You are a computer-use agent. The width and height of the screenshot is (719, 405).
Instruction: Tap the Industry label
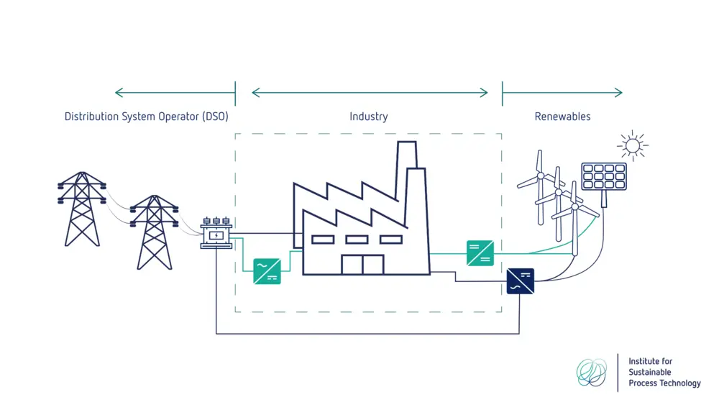pos(368,117)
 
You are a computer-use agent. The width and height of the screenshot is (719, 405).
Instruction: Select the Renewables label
pos(562,117)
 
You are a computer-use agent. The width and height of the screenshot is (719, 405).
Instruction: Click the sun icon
pos(632,146)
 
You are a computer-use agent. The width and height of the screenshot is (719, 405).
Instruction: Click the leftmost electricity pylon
pos(81,208)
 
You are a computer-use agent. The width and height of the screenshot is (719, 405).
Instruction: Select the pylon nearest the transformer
pos(154,231)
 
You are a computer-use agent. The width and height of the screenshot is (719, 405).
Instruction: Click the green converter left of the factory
pos(267,271)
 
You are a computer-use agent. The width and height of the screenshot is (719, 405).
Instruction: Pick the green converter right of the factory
pos(480,253)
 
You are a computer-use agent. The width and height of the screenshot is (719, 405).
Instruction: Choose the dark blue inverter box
pos(520,280)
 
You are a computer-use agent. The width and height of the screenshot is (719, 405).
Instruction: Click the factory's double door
pos(362,264)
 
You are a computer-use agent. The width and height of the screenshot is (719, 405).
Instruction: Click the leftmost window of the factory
pos(322,240)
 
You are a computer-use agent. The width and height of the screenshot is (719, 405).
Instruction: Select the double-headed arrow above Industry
pos(370,93)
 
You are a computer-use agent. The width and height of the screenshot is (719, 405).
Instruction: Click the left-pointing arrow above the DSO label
pos(174,93)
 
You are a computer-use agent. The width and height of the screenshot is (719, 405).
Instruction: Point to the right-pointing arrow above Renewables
pos(562,93)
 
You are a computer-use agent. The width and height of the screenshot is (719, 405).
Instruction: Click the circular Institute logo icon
pos(592,372)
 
